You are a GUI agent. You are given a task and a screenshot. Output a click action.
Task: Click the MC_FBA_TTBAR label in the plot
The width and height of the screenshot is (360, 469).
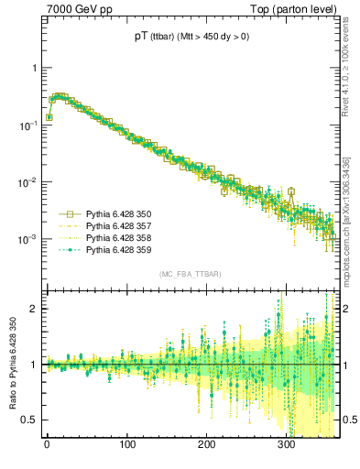point(190,274)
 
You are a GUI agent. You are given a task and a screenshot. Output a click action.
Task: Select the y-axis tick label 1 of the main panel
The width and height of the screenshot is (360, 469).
point(34,68)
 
